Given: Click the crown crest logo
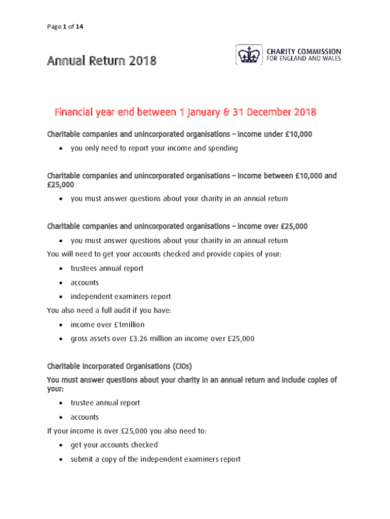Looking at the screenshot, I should tap(248, 55).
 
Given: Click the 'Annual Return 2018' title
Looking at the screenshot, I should tap(101, 61).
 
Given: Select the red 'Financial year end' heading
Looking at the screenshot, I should tap(185, 112).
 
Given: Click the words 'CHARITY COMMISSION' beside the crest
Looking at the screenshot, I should tap(303, 52).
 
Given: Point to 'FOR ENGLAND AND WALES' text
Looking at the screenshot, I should tap(303, 59).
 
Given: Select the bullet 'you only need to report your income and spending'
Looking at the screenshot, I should tap(154, 149).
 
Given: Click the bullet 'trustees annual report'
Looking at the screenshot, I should tap(107, 268).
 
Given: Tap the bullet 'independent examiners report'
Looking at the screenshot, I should tap(121, 296).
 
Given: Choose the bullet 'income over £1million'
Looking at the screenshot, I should tap(107, 324).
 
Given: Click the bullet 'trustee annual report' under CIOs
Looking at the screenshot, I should tap(105, 403).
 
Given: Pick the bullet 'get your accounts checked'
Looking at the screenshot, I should tap(114, 445).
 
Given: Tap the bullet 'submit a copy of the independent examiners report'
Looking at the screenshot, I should tap(155, 459).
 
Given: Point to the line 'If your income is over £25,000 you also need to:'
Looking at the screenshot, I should tap(127, 431).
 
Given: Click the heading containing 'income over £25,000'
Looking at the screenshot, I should tap(177, 226).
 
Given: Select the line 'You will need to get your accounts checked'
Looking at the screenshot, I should tap(164, 254).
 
